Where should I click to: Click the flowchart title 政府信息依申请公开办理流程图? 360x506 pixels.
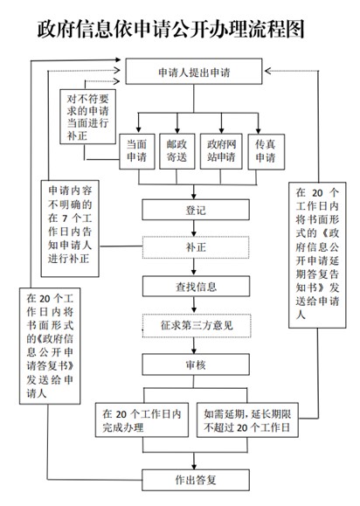tap(171, 29)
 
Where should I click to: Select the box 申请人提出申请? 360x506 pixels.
tap(194, 72)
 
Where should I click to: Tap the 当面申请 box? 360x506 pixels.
tap(137, 151)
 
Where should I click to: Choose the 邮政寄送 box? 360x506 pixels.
tap(177, 151)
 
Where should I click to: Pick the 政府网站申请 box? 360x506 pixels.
tap(221, 151)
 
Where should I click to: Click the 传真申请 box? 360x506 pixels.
tap(267, 151)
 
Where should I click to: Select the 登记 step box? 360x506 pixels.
tap(196, 210)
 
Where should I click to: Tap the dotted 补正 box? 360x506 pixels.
tap(196, 247)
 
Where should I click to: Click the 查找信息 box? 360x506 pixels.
tap(196, 287)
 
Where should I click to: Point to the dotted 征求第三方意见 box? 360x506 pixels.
tap(197, 325)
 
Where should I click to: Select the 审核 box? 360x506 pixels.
tap(196, 364)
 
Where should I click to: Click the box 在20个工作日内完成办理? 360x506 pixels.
tap(142, 419)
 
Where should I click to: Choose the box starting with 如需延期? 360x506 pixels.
tap(247, 419)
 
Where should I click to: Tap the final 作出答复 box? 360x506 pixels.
tap(196, 480)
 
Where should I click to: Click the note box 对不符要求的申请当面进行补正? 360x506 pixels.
tap(87, 116)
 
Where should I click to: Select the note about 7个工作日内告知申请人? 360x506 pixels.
tap(70, 228)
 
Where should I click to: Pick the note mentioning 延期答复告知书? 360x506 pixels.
tap(317, 255)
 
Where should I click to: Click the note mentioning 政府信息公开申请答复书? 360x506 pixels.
tap(50, 346)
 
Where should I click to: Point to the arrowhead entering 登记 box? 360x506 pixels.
tap(194, 196)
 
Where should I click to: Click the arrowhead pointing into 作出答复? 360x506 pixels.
tap(194, 467)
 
